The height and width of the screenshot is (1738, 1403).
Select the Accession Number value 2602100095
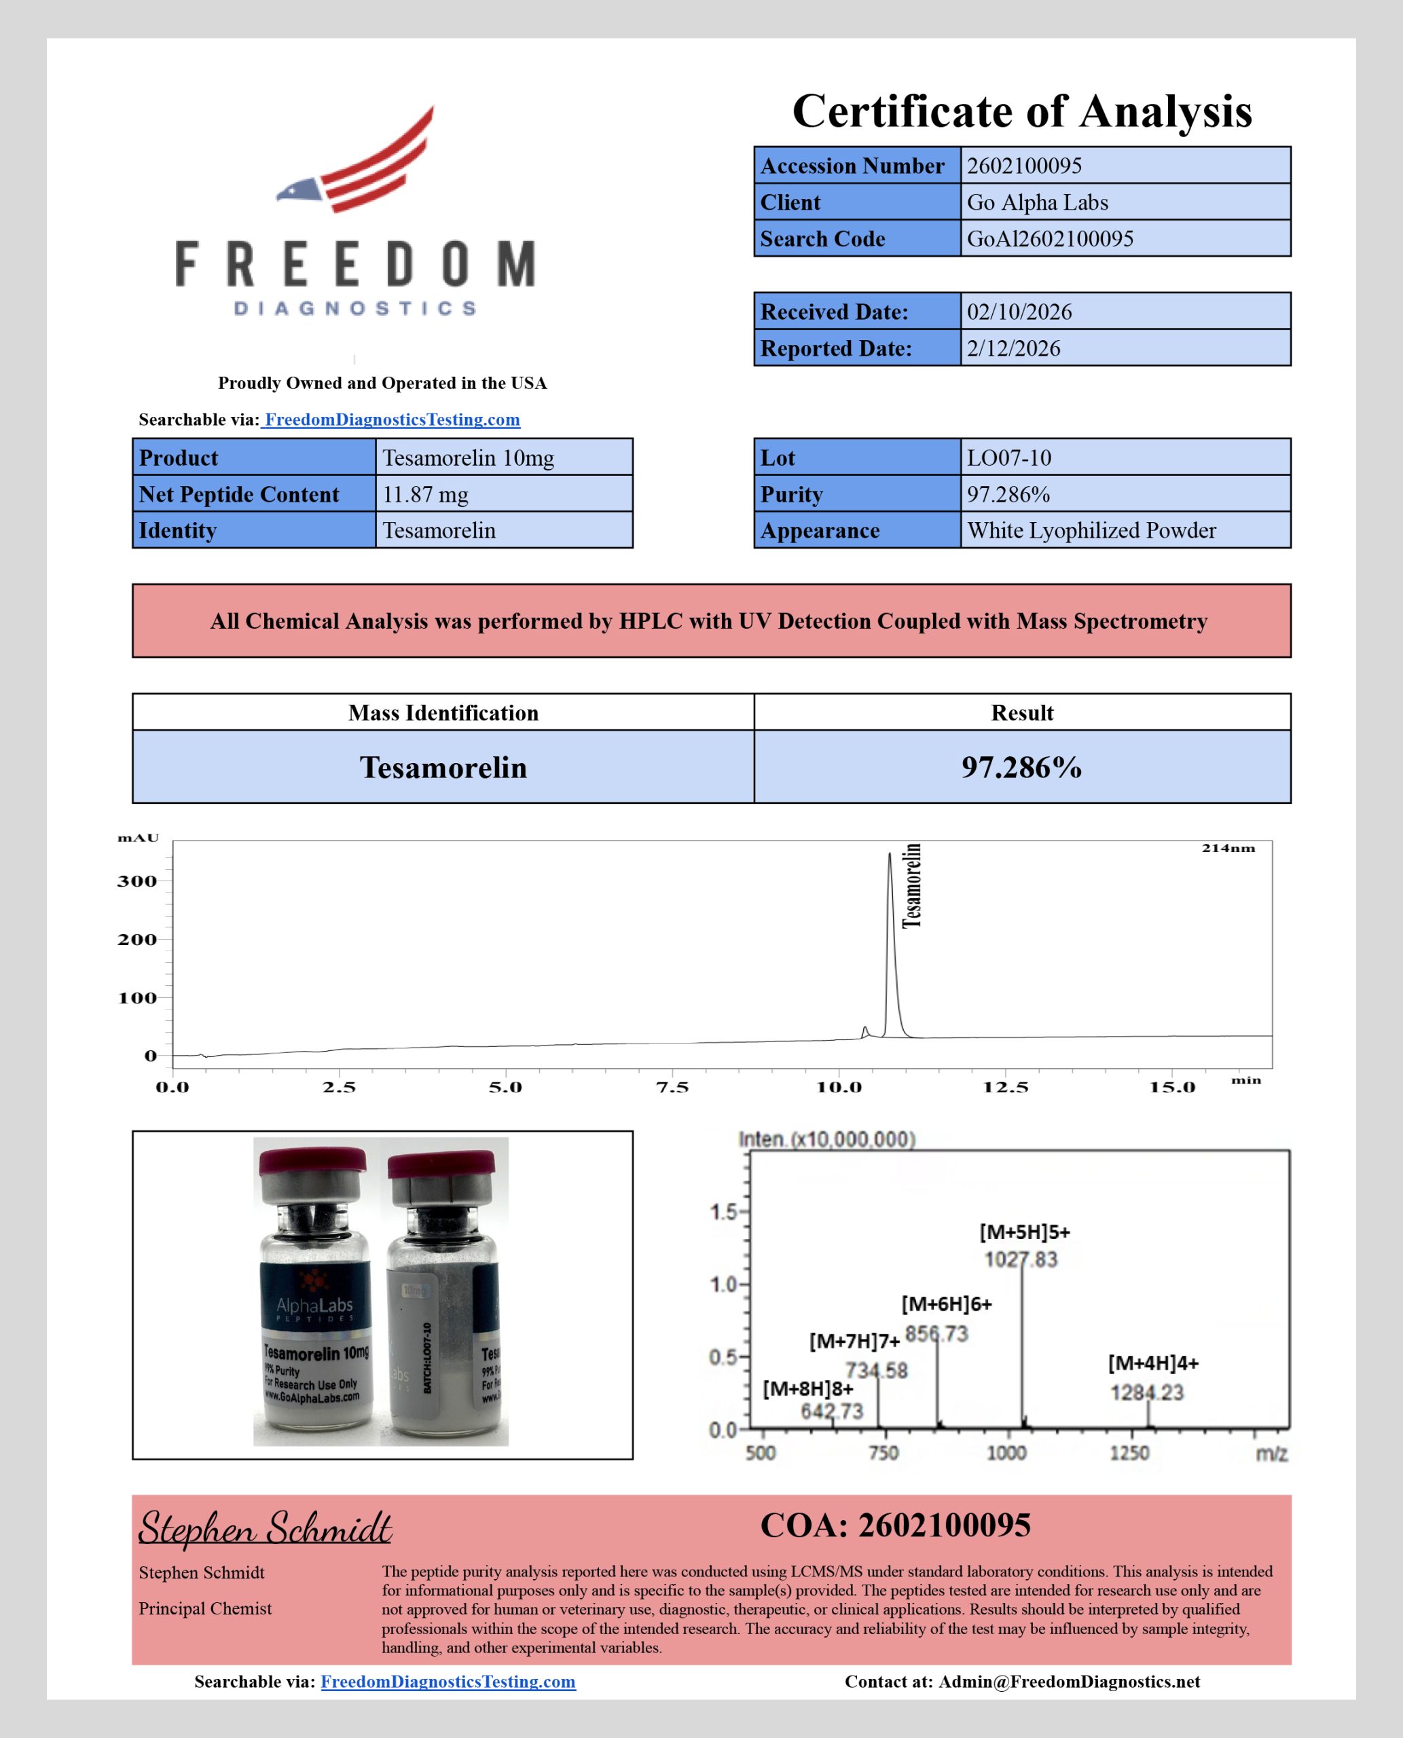1024,166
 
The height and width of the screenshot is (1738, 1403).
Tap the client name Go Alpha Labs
1037,202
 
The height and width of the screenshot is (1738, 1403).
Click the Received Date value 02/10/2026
1019,312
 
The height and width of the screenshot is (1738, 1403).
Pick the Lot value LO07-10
1008,458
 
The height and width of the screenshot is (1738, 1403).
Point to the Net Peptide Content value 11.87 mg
425,494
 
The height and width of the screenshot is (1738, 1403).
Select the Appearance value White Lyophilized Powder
1091,531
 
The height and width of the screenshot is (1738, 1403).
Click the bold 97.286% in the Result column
1021,766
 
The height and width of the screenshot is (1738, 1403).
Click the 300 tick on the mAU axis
137,881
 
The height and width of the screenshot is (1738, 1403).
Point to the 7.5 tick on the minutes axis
672,1088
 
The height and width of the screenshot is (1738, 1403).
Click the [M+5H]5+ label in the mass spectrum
1024,1232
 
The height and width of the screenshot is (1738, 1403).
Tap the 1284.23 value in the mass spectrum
1146,1392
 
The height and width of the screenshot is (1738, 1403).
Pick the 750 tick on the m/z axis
883,1453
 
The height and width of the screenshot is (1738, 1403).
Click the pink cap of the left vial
313,1162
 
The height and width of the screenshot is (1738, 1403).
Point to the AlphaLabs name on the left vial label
314,1305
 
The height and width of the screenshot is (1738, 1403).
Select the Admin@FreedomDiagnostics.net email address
1068,1682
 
